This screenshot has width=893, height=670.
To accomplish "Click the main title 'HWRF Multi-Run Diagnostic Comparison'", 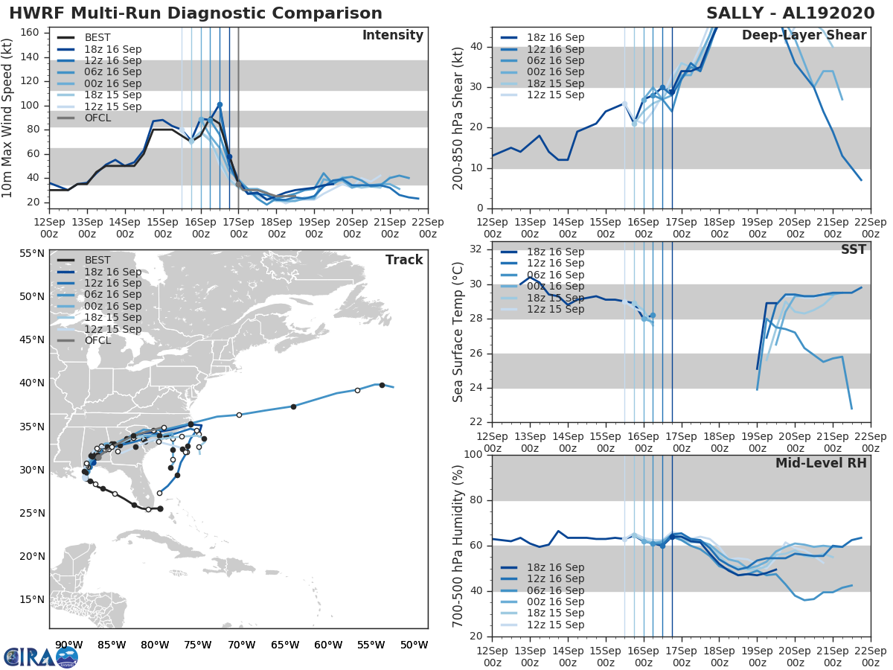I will click(196, 13).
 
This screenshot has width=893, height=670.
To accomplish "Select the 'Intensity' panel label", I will click(393, 36).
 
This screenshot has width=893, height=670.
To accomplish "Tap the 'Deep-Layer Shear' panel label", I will click(804, 36).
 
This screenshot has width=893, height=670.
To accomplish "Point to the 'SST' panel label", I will click(853, 249).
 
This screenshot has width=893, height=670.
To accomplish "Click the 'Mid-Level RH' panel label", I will click(821, 463).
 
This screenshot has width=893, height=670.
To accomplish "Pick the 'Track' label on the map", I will click(404, 260).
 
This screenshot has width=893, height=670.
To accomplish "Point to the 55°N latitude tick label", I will click(31, 254).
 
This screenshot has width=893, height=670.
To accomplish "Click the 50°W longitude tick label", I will click(415, 645).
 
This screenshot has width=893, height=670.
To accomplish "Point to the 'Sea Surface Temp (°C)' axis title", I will click(458, 331).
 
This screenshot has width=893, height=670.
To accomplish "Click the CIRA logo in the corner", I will click(41, 657).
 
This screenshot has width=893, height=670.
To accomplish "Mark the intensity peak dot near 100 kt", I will click(220, 105).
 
